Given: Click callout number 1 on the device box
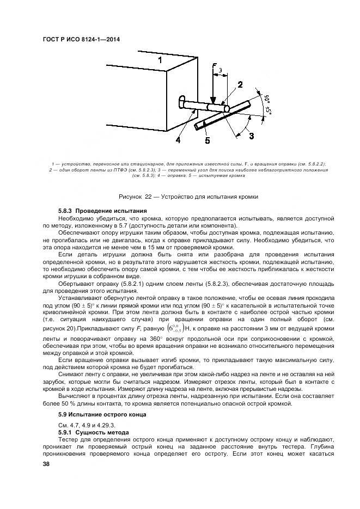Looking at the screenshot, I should click(160, 60).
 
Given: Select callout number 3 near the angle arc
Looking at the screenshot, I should click(251, 136).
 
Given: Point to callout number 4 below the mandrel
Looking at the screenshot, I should click(178, 140).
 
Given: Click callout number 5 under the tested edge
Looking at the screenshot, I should click(207, 141).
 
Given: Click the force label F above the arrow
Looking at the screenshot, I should click(214, 68).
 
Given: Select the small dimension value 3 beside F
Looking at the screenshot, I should click(220, 70).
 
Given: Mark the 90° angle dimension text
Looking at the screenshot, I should click(267, 100).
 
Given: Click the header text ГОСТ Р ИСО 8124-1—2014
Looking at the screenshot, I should click(81, 39).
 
